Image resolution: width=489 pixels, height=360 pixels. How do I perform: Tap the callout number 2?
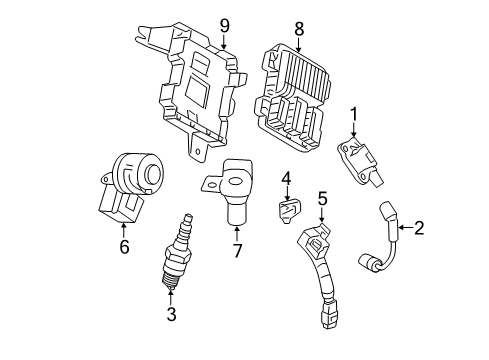tap(419, 228)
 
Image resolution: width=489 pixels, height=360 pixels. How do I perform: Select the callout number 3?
tap(171, 315)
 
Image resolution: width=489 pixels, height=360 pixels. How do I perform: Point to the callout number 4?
tap(285, 180)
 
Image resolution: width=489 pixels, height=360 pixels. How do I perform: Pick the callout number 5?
tap(321, 200)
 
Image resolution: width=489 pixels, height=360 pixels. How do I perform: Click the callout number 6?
tap(125, 246)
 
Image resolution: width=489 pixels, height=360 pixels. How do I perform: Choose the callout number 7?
tap(236, 249)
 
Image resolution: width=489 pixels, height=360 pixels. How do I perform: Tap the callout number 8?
tap(298, 31)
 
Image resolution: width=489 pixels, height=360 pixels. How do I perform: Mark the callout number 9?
tap(224, 26)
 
